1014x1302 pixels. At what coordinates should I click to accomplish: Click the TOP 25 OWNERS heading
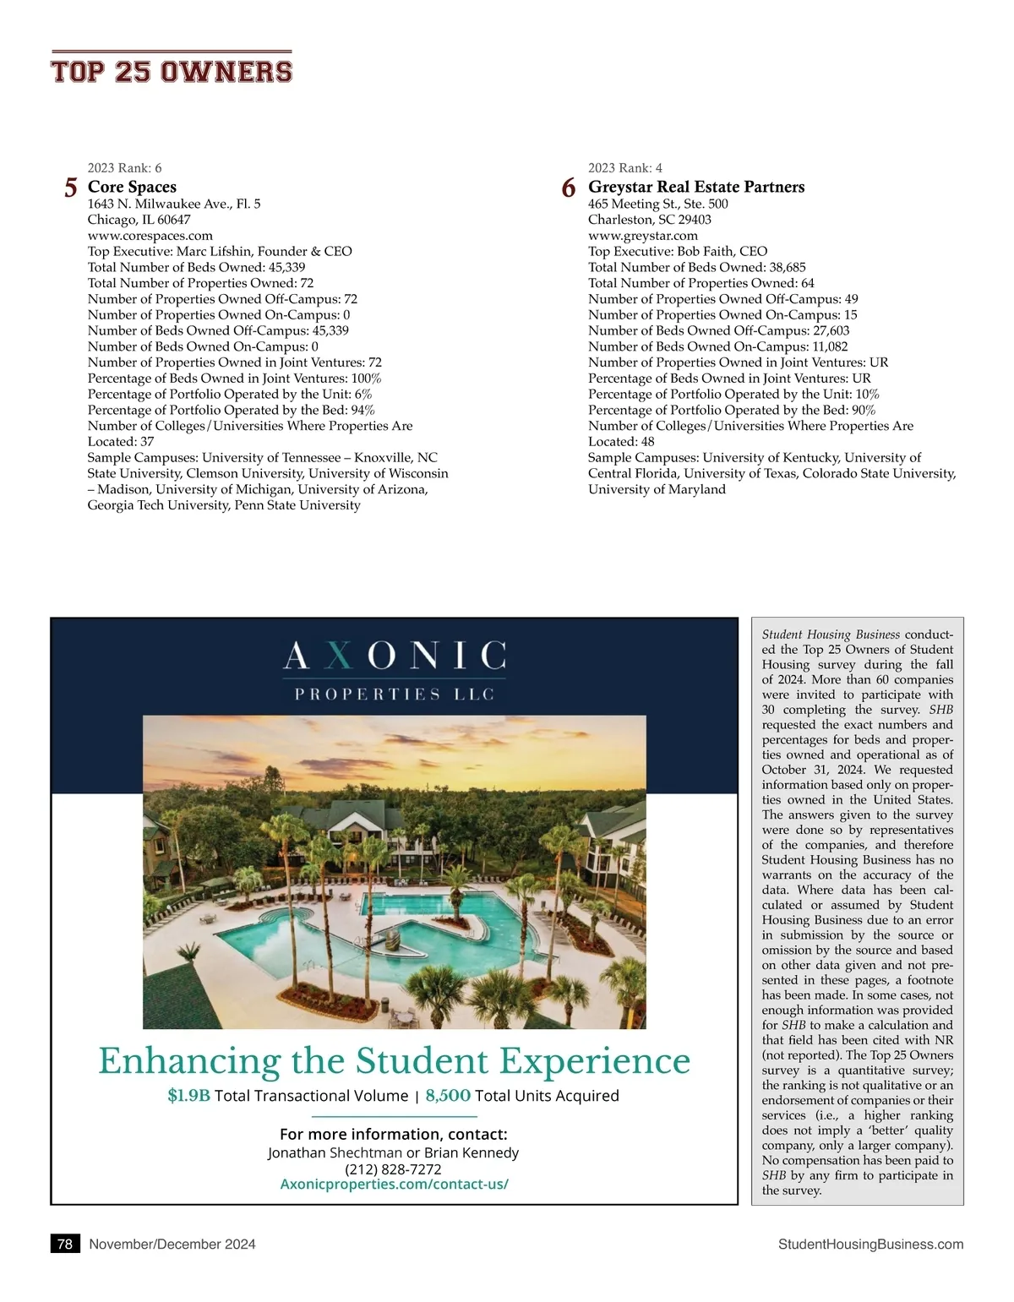coord(172,71)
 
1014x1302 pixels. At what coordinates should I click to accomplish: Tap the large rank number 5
coord(71,188)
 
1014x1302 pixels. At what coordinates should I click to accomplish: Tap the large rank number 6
coord(569,188)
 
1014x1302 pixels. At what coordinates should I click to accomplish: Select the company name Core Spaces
coord(132,187)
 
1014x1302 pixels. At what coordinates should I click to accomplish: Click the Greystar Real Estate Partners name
coord(696,187)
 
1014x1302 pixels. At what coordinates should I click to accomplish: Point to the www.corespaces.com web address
coord(150,236)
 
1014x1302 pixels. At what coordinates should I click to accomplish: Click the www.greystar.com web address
coord(643,236)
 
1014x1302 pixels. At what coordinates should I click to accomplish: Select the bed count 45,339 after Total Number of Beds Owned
coord(286,267)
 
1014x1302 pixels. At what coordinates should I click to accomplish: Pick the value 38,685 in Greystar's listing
coord(788,267)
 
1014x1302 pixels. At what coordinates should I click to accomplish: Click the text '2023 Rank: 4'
coord(625,168)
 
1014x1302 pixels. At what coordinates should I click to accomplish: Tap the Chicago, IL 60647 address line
coord(139,220)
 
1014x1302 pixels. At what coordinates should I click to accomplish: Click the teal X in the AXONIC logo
coord(338,656)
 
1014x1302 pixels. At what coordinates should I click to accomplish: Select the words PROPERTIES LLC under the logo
coord(394,695)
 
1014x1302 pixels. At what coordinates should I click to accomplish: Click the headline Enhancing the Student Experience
coord(394,1061)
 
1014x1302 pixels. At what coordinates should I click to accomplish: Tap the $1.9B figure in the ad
coord(188,1096)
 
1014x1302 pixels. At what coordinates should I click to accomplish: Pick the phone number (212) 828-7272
coord(393,1169)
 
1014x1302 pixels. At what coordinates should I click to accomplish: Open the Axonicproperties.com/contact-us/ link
coord(394,1185)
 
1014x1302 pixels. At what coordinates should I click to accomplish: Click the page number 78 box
coord(65,1244)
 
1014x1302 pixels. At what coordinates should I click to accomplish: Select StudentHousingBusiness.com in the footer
coord(870,1244)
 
